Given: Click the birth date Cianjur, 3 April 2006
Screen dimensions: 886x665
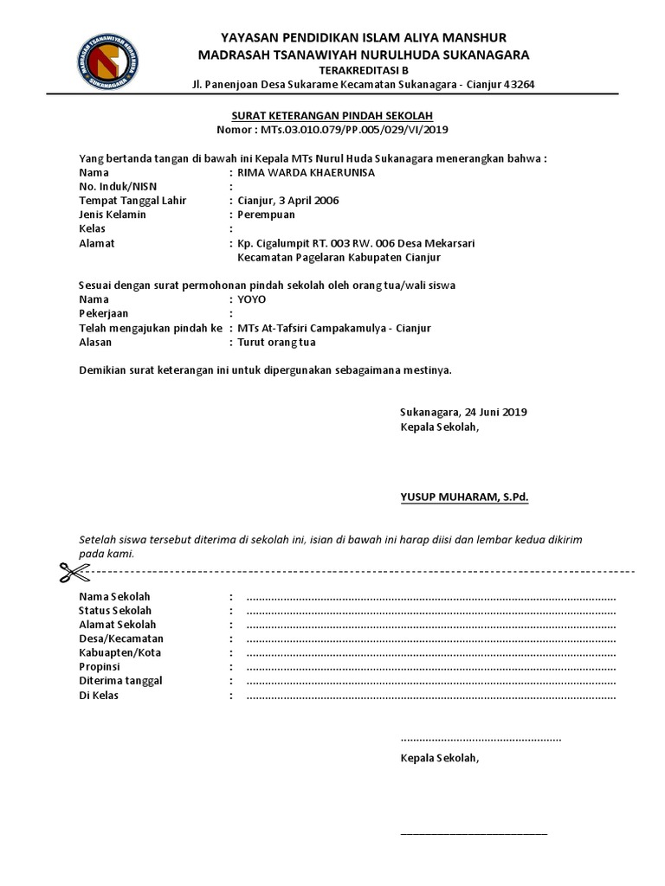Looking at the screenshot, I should pos(288,200).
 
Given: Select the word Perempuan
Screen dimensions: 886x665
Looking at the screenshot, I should pos(266,214).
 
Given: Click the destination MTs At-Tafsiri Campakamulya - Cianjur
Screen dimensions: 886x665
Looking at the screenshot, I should pos(333,329).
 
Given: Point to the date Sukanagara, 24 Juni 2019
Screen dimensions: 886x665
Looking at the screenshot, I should pos(463,412).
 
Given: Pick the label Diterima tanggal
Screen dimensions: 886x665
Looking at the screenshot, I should pos(120,681).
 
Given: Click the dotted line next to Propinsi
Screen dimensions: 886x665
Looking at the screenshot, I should pos(430,667).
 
